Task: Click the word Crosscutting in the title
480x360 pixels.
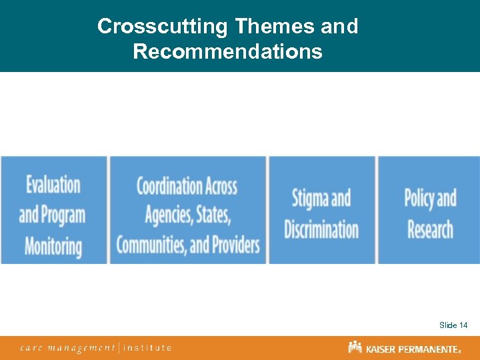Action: [163, 27]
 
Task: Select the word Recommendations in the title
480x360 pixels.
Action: [227, 51]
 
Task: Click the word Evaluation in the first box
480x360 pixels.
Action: [53, 185]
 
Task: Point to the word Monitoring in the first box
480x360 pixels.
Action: [53, 245]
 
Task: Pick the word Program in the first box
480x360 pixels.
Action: [63, 215]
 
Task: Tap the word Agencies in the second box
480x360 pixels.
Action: [169, 215]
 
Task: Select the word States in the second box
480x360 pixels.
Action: [214, 215]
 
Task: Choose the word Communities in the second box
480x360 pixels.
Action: [151, 245]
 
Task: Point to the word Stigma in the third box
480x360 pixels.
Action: [310, 199]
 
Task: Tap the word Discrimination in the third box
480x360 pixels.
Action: [321, 229]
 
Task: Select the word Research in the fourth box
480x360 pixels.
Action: [430, 229]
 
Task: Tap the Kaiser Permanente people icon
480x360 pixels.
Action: [355, 347]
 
